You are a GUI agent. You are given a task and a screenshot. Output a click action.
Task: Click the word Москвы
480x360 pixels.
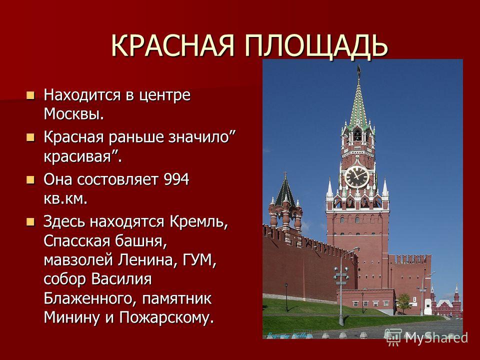tap(74, 113)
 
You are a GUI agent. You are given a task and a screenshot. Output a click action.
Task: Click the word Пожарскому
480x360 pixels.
tap(166, 317)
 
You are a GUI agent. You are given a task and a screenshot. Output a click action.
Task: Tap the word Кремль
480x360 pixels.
tap(199, 221)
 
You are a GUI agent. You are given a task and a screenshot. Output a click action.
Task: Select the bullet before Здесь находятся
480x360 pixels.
tap(30, 221)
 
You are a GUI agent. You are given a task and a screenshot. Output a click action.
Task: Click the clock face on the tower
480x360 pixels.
tap(357, 177)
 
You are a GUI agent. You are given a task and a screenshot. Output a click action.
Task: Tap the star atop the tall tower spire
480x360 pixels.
tap(358, 70)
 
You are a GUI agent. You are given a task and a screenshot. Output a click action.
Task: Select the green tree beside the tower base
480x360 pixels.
tap(404, 302)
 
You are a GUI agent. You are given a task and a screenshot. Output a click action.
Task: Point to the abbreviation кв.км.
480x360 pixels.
tap(65, 199)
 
